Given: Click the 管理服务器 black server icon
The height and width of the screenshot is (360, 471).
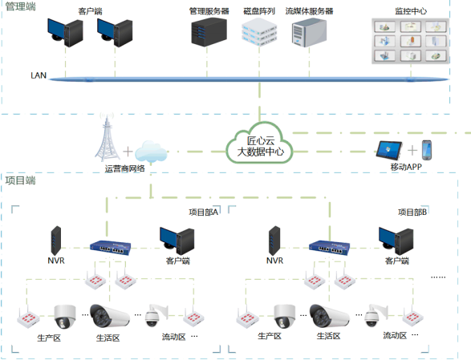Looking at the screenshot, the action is click(x=209, y=32).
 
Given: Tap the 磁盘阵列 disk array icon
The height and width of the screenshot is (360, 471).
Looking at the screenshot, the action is click(x=259, y=32).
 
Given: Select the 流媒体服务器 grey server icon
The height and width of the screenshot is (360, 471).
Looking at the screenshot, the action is click(x=309, y=33).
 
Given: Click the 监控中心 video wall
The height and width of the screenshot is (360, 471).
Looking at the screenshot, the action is click(x=410, y=41).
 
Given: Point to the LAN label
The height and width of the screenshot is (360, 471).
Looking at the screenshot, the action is click(x=39, y=75).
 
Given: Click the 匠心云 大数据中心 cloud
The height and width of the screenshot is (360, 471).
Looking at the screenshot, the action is click(x=259, y=144).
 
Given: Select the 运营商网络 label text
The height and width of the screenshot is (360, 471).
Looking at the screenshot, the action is click(x=124, y=168).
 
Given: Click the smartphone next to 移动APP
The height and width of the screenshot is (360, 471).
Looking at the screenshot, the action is click(x=427, y=150).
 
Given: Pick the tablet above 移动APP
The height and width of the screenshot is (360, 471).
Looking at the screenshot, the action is click(x=389, y=150).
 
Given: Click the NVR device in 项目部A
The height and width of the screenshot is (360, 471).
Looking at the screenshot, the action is click(x=56, y=241).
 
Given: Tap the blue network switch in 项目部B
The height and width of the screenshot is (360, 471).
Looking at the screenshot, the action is click(x=329, y=248).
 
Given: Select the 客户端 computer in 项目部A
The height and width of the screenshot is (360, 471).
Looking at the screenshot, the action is click(x=177, y=241).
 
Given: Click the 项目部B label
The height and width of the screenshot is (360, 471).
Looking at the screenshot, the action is click(x=412, y=212).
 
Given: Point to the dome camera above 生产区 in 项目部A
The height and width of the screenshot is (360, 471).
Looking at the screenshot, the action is click(x=64, y=317).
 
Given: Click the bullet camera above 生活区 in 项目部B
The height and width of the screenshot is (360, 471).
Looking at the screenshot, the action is click(x=329, y=316).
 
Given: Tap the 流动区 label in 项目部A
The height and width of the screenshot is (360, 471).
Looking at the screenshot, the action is click(x=173, y=337).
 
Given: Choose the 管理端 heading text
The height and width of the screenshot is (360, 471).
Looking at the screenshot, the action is click(x=20, y=6).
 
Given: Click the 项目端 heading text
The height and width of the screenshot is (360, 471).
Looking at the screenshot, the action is click(x=20, y=180).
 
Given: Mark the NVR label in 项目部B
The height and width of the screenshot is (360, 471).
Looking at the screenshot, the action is click(x=274, y=261).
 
